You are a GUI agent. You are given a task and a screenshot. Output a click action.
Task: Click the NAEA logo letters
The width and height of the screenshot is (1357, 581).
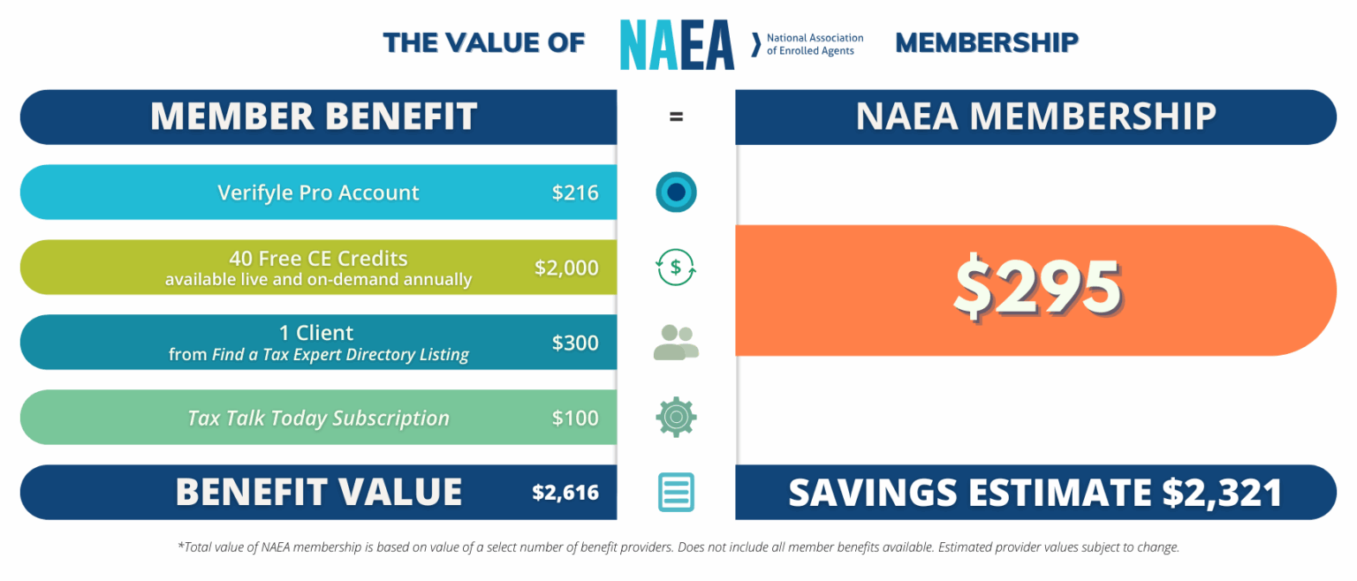[677, 44]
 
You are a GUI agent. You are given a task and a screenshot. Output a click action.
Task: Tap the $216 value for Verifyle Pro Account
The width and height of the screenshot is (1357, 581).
[575, 192]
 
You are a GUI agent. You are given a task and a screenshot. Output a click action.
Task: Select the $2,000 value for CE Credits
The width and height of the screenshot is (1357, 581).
[566, 268]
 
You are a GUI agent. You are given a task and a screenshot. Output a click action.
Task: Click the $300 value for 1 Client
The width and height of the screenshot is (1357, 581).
[575, 343]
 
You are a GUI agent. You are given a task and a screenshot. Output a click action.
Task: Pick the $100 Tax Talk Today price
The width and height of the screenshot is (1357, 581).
[575, 418]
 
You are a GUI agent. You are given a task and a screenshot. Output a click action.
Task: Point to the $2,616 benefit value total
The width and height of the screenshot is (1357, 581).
[565, 493]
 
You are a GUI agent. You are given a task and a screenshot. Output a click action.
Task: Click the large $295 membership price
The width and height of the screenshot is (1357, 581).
[1036, 290]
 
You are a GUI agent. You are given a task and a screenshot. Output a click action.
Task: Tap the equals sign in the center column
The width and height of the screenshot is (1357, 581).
[676, 117]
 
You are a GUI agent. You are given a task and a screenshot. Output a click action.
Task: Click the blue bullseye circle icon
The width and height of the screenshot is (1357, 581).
[676, 192]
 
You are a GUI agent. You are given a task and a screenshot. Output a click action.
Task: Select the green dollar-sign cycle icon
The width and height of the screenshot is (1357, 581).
[676, 268]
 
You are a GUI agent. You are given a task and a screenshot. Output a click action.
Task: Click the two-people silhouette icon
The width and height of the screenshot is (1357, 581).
[676, 343]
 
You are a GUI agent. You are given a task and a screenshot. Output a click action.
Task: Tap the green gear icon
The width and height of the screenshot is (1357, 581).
[676, 418]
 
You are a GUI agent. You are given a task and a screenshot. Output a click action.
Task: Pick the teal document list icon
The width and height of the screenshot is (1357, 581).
[676, 493]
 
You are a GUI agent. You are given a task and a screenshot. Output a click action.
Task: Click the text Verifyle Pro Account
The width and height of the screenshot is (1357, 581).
[318, 192]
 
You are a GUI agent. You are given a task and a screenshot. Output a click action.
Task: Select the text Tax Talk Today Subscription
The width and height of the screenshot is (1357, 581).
[318, 418]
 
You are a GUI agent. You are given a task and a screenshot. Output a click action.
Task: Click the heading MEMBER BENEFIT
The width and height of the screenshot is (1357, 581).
[314, 117]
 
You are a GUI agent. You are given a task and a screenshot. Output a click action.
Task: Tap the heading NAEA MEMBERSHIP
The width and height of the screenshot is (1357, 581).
[1036, 117]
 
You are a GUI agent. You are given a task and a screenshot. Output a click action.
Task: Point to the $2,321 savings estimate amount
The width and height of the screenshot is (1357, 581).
[1222, 493]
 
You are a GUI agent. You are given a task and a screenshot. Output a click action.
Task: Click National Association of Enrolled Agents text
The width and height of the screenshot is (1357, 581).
[814, 44]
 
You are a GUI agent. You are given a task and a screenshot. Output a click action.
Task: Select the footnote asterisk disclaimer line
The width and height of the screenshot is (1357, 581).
[678, 547]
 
